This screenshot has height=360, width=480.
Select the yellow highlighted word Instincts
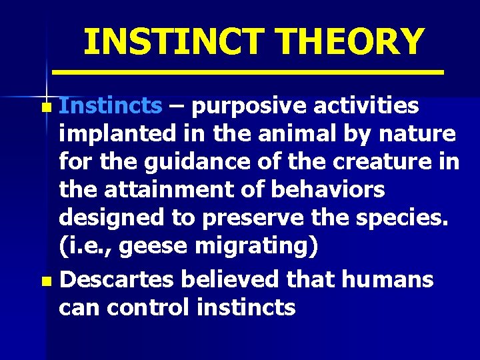point(110,105)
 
